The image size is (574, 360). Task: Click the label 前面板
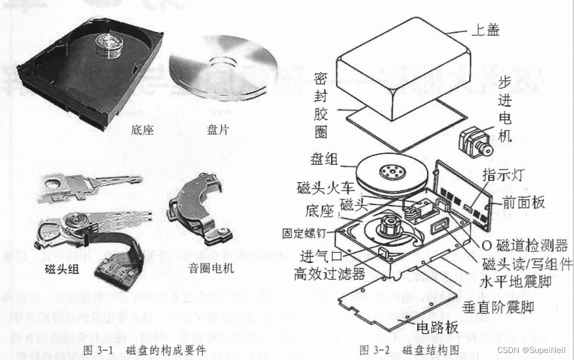tap(523, 203)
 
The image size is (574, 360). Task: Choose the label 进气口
tap(319, 256)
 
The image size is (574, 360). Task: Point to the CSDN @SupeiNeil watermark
tap(532, 350)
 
